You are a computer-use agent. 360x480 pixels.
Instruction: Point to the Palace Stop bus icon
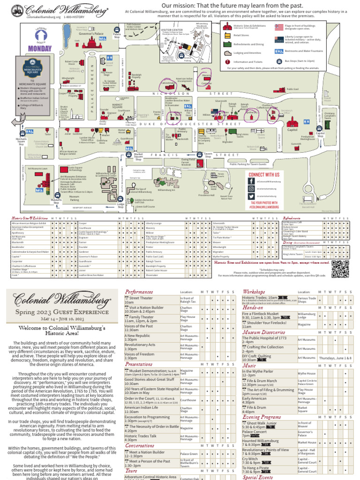117,30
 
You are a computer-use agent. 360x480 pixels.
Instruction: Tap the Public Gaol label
292,89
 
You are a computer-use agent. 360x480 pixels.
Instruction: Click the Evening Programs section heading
262,417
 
